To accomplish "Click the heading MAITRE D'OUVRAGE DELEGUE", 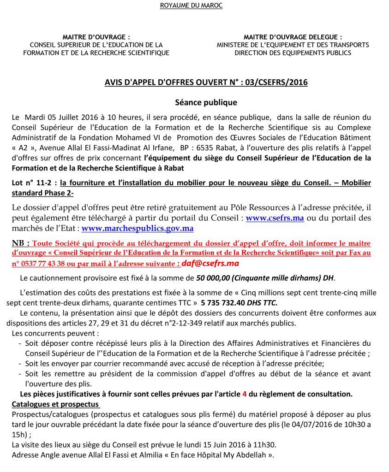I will click(293, 37).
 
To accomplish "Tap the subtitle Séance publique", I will click(206, 102).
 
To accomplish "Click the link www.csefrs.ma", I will click(275, 218).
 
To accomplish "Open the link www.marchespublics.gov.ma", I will click(138, 228).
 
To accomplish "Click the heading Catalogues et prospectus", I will click(49, 404).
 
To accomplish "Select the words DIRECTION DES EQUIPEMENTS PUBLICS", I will click(293, 53).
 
